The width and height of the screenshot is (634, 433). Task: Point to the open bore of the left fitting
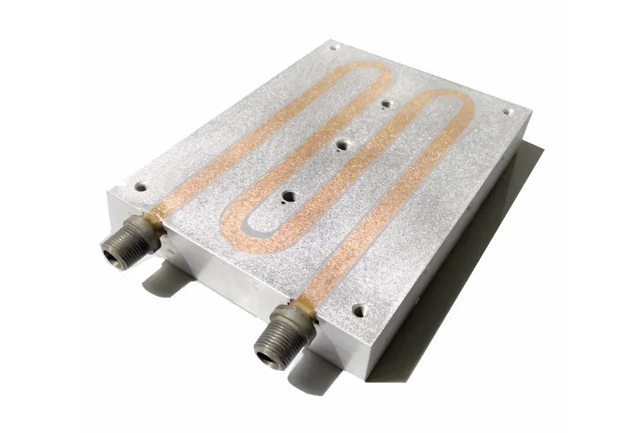[x=112, y=252]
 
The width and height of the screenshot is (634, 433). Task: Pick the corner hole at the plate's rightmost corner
[x=507, y=112]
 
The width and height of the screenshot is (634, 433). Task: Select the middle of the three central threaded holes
[x=345, y=145]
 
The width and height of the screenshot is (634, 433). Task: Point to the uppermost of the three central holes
[x=385, y=105]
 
